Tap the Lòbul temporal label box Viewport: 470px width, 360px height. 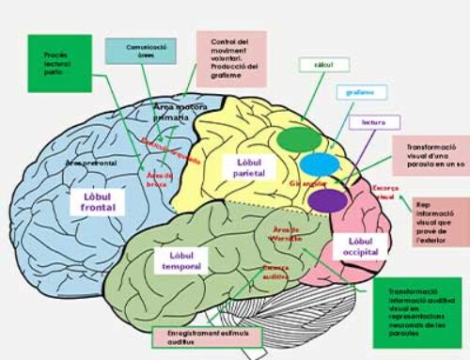click(180, 261)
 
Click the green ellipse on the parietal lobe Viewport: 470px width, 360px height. click(298, 136)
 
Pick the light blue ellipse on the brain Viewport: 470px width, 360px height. click(317, 164)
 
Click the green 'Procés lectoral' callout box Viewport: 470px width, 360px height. click(59, 63)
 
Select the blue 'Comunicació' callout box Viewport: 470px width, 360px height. click(140, 50)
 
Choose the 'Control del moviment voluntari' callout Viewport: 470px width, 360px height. click(231, 58)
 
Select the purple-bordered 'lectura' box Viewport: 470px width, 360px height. click(373, 122)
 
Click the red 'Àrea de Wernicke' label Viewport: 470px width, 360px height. click(286, 233)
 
